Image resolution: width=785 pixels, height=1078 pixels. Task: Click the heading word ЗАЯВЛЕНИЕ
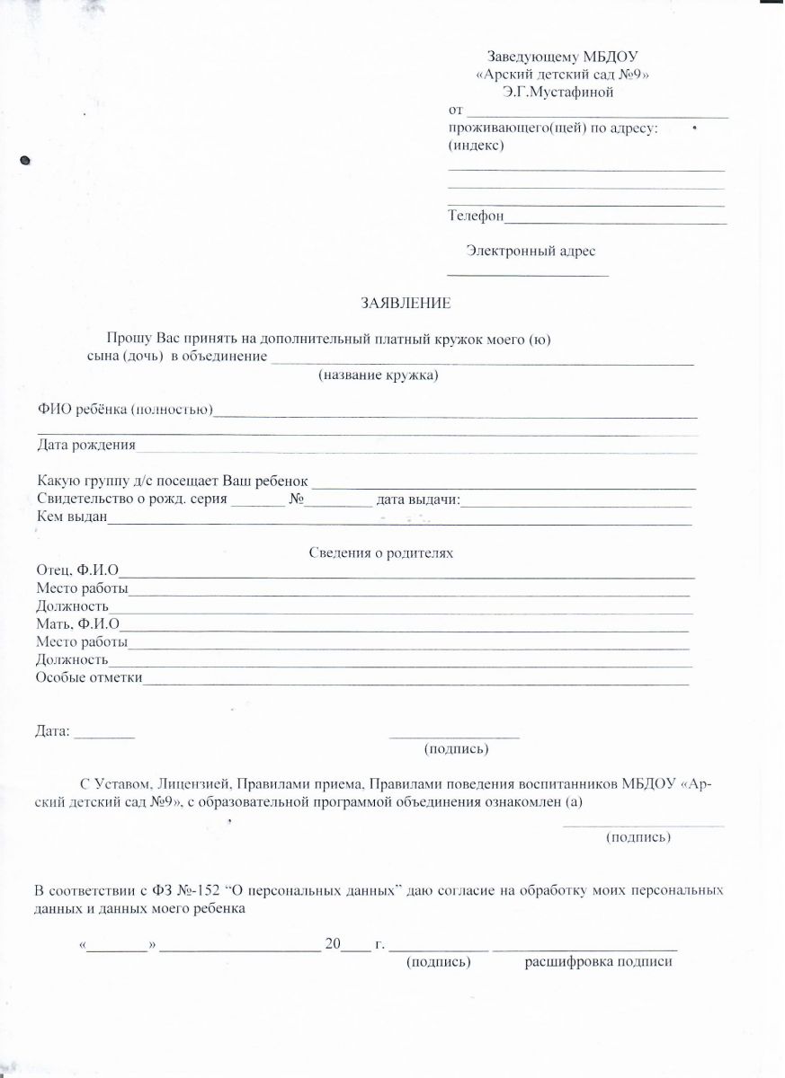(406, 304)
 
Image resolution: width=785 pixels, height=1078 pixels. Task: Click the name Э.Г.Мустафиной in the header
(558, 91)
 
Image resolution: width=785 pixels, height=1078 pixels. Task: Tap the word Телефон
(476, 216)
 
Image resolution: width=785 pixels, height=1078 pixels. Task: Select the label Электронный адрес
(531, 252)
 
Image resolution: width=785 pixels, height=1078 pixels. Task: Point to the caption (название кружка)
(378, 376)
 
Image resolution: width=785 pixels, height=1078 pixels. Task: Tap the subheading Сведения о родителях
(381, 553)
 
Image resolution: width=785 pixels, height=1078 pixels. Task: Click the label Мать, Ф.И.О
(78, 624)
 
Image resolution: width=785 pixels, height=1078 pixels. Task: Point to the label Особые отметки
(89, 677)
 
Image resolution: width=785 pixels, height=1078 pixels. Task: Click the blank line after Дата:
(103, 737)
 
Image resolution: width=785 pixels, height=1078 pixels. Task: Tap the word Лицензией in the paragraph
(188, 784)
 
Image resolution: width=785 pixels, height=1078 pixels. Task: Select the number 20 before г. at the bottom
(334, 944)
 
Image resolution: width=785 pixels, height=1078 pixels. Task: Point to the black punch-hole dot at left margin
(26, 161)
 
